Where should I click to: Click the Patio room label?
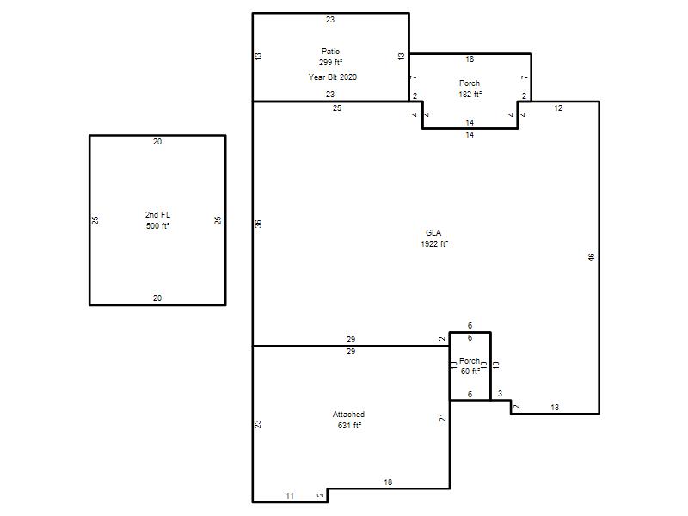point(330,52)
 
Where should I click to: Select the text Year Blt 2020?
point(333,77)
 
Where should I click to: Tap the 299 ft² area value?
point(330,62)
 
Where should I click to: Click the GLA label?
point(433,232)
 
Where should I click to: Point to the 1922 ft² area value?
point(434,244)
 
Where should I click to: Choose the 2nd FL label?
point(157,214)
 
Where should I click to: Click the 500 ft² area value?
point(157,226)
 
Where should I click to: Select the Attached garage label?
point(348,415)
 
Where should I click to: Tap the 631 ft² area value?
point(349,425)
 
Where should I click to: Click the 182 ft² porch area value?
point(470,95)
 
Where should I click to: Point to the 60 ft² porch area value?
point(470,372)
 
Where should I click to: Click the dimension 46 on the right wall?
point(591,257)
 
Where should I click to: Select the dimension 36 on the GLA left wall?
point(258,224)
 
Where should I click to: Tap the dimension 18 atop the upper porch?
point(470,59)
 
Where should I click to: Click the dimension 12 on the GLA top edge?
point(558,108)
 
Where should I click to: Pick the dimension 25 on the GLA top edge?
point(337,108)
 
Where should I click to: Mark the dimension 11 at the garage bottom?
point(290,496)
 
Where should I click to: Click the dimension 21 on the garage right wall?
point(442,418)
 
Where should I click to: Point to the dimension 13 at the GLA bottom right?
point(555,407)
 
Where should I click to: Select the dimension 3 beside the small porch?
point(500,394)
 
